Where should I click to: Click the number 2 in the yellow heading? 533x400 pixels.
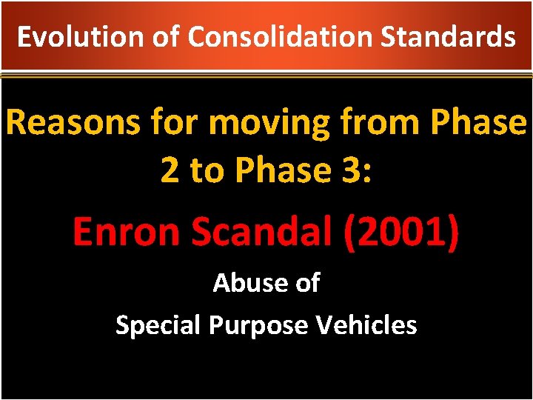(x=169, y=170)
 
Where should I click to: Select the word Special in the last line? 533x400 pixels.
(x=158, y=324)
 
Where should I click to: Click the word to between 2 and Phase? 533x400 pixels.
(x=205, y=170)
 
